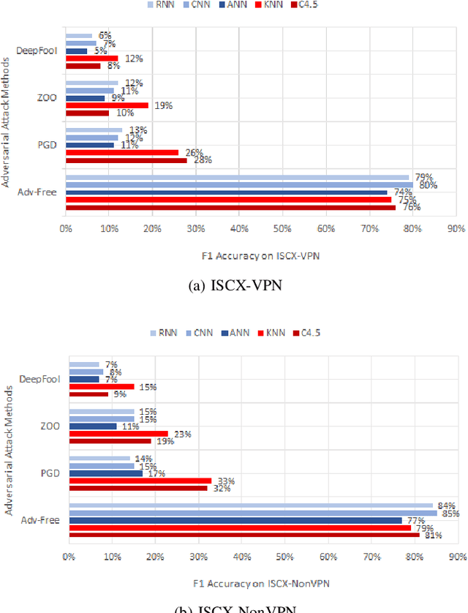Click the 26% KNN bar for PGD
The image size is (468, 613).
121,152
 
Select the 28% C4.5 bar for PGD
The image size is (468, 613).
126,160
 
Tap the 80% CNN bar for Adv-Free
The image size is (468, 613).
239,184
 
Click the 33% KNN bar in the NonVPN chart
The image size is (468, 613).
140,481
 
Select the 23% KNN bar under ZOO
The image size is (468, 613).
118,434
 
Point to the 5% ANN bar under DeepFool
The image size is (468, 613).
76,50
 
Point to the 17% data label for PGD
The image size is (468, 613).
156,473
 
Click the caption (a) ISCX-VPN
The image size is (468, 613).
234,287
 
